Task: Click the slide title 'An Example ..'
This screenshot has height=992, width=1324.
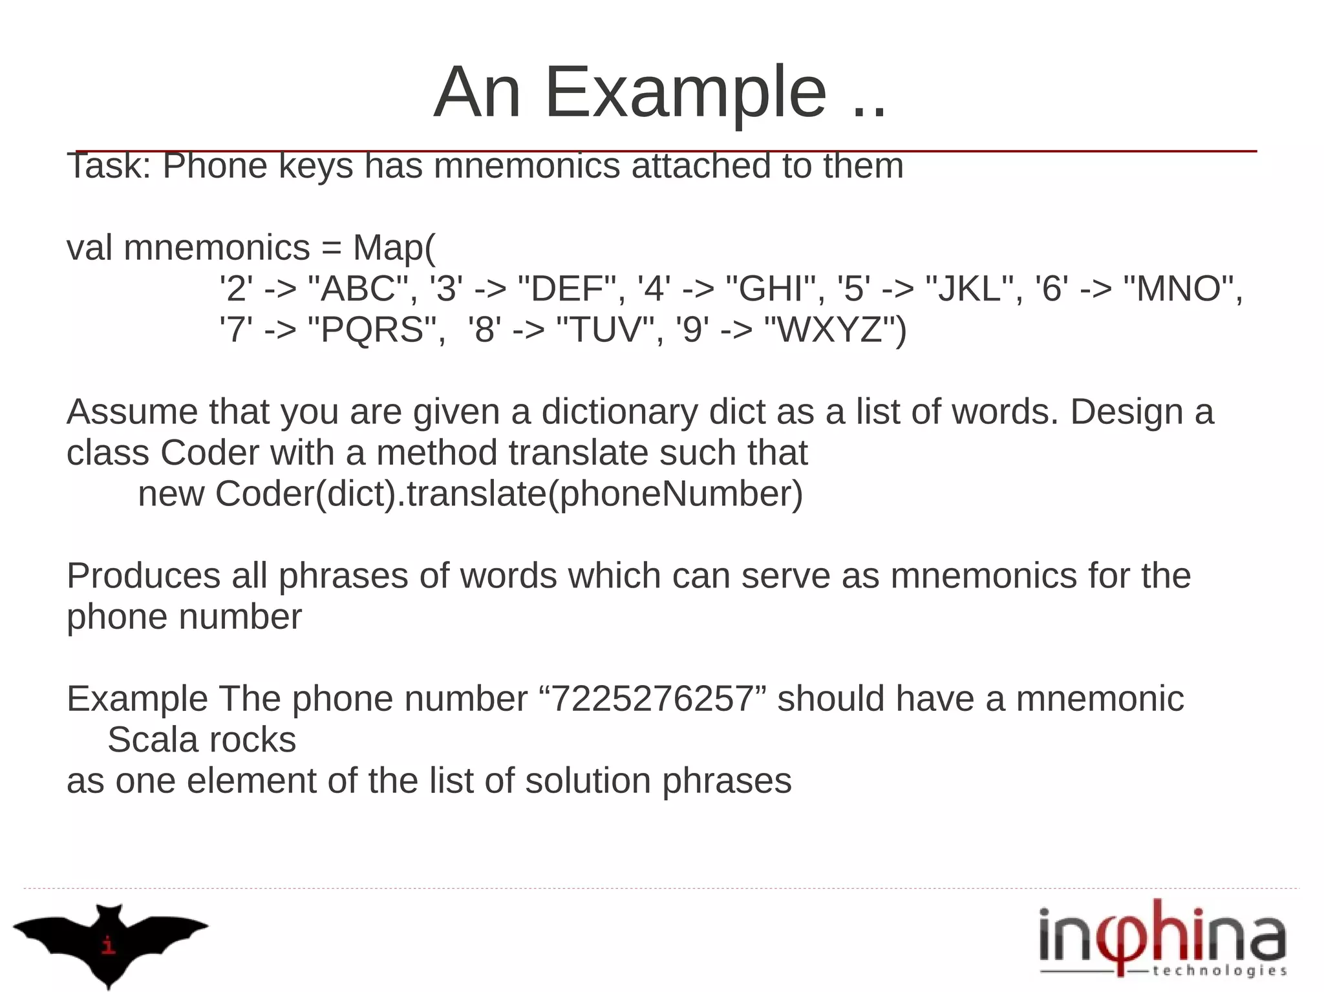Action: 659,92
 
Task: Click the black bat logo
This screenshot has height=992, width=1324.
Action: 110,941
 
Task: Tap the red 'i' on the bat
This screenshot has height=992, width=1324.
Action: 109,945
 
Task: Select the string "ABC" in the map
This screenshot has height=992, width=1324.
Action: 359,288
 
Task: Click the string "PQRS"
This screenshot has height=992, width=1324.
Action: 373,330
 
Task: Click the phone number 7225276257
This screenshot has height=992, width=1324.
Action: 652,699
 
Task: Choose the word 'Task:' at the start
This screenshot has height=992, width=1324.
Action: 109,166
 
